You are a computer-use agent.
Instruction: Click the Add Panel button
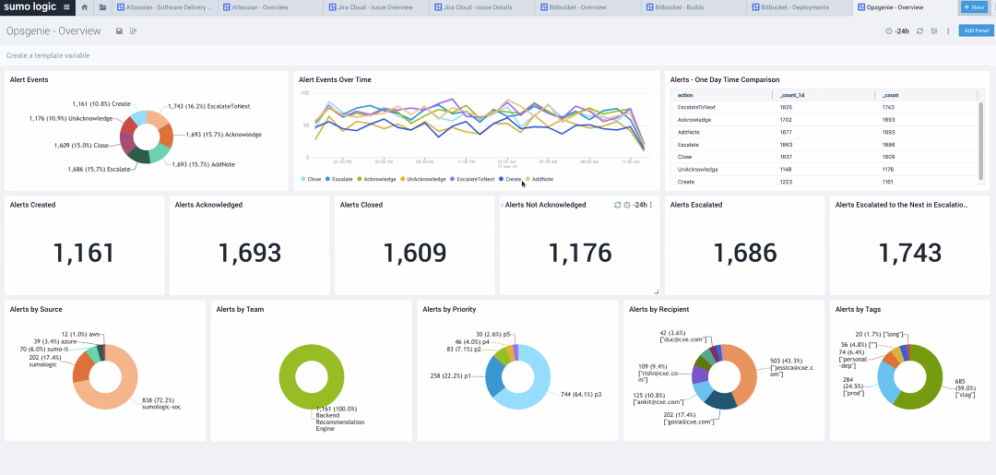pyautogui.click(x=976, y=30)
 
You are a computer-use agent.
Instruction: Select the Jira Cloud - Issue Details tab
pyautogui.click(x=467, y=6)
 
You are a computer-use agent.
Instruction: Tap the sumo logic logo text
pyautogui.click(x=29, y=6)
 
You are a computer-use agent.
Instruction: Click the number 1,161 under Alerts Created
pyautogui.click(x=84, y=253)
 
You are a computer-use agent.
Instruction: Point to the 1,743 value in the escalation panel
pyautogui.click(x=909, y=253)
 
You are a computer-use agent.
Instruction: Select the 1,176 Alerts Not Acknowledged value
pyautogui.click(x=579, y=253)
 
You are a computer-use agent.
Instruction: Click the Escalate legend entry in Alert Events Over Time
pyautogui.click(x=342, y=179)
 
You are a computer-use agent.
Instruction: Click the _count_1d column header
pyautogui.click(x=791, y=94)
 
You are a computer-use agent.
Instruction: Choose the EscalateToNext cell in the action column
pyautogui.click(x=696, y=107)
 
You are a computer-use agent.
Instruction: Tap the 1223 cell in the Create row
pyautogui.click(x=786, y=183)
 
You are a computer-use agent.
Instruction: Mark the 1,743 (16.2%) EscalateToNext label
pyautogui.click(x=209, y=106)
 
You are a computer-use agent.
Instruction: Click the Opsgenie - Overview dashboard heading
pyautogui.click(x=53, y=30)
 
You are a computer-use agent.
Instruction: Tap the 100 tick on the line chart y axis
pyautogui.click(x=306, y=93)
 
